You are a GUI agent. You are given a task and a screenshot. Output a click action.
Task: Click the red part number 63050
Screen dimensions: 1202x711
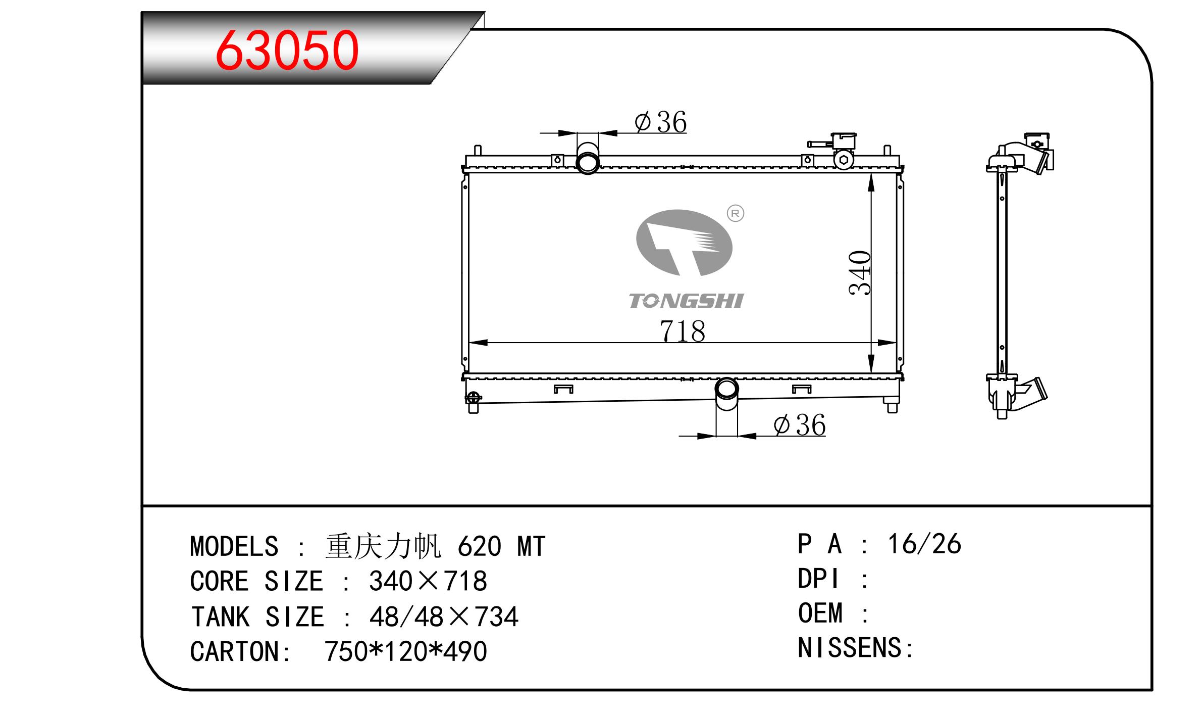[x=287, y=50]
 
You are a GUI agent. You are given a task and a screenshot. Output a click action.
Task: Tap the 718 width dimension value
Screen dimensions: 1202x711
[x=682, y=331]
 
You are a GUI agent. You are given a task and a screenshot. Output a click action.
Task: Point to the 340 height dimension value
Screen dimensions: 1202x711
[x=860, y=272]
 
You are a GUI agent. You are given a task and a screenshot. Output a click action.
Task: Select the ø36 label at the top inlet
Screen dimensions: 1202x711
[x=660, y=122]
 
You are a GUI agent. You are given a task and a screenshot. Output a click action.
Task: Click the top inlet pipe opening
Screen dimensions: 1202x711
[x=588, y=163]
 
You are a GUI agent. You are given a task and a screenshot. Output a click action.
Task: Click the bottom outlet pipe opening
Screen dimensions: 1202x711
[x=727, y=389]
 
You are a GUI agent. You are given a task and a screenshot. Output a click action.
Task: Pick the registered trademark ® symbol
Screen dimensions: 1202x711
[x=735, y=214]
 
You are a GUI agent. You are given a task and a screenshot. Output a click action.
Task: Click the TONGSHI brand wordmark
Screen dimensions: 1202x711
[x=686, y=301]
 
